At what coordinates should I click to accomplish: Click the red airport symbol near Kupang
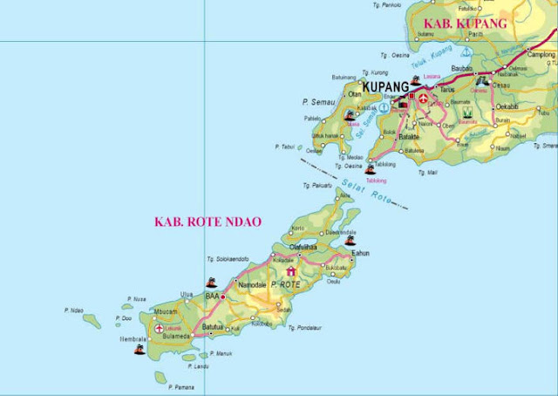[x=424, y=97]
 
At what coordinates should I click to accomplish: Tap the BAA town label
[x=212, y=297]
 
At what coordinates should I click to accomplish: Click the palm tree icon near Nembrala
[x=139, y=350]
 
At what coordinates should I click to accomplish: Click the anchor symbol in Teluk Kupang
[x=466, y=53]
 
